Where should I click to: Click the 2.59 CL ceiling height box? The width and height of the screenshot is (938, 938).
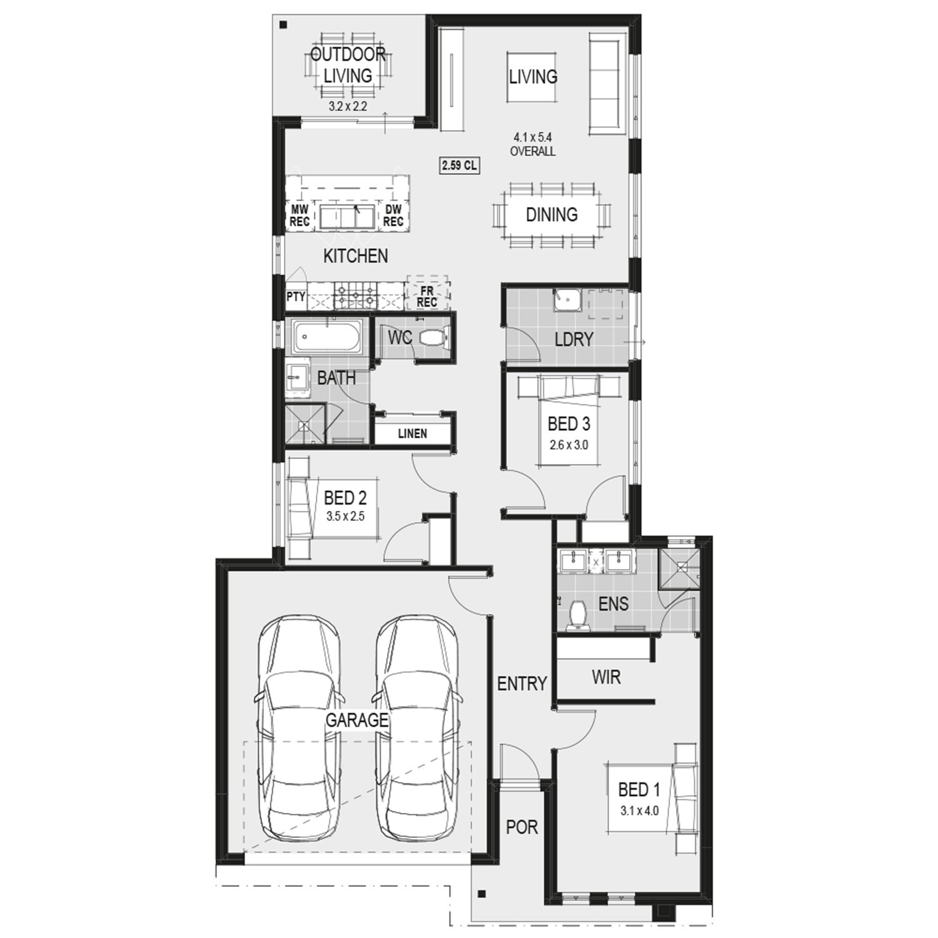click(x=460, y=166)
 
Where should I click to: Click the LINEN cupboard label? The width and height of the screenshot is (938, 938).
click(x=413, y=433)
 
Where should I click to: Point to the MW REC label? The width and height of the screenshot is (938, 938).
click(x=300, y=216)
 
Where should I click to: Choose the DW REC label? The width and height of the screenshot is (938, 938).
click(x=393, y=216)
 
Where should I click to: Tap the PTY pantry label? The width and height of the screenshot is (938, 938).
click(x=296, y=296)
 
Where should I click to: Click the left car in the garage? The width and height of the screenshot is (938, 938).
click(x=299, y=728)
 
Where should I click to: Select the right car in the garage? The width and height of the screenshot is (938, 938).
click(x=416, y=728)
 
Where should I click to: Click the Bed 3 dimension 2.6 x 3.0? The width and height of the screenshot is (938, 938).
click(x=568, y=445)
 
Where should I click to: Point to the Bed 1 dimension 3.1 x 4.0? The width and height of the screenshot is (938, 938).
click(x=639, y=811)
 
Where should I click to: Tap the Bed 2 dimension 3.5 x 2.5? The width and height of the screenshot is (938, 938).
click(x=345, y=517)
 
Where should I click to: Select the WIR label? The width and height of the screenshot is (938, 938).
click(x=606, y=677)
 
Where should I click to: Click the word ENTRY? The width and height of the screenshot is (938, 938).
click(x=522, y=684)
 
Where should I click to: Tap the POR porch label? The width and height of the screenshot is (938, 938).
click(x=522, y=827)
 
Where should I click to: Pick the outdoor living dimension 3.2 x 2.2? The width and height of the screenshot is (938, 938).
click(x=348, y=106)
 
